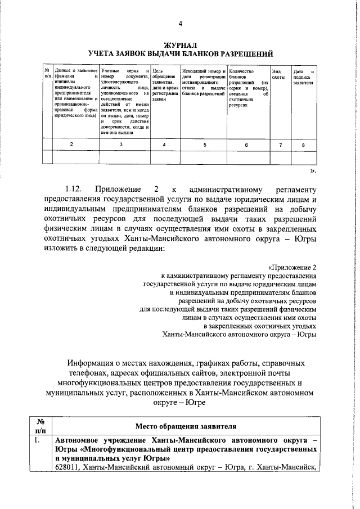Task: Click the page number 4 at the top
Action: [x=181, y=24]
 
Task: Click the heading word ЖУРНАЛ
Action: [x=181, y=44]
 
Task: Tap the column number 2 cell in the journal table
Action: [x=71, y=145]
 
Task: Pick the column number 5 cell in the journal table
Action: [x=204, y=145]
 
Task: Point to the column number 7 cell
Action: [x=280, y=145]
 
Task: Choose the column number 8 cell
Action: [x=304, y=145]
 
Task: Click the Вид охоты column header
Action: [x=277, y=74]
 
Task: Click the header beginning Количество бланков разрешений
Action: [x=248, y=88]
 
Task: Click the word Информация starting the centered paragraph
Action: [x=93, y=362]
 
